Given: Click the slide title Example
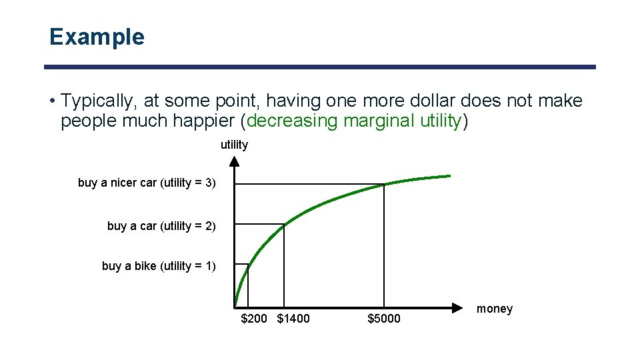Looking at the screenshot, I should coord(97,37).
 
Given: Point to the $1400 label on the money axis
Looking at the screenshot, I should coord(293,319).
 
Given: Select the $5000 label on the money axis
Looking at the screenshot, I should coord(384,319).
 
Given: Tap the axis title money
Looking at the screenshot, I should coord(495,309).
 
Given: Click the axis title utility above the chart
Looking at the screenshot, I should coord(234,145).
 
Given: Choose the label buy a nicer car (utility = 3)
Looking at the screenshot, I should coord(147,183).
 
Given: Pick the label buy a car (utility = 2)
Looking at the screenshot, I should coord(161,226).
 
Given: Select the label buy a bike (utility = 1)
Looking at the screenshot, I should coord(159,266).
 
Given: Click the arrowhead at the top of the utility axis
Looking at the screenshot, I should coord(235,161).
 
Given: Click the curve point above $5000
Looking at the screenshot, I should coord(384,184).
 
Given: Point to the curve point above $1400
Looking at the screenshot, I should coord(284,225).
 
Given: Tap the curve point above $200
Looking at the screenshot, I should coord(248,265).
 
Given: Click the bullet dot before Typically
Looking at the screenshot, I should coord(52,102).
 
